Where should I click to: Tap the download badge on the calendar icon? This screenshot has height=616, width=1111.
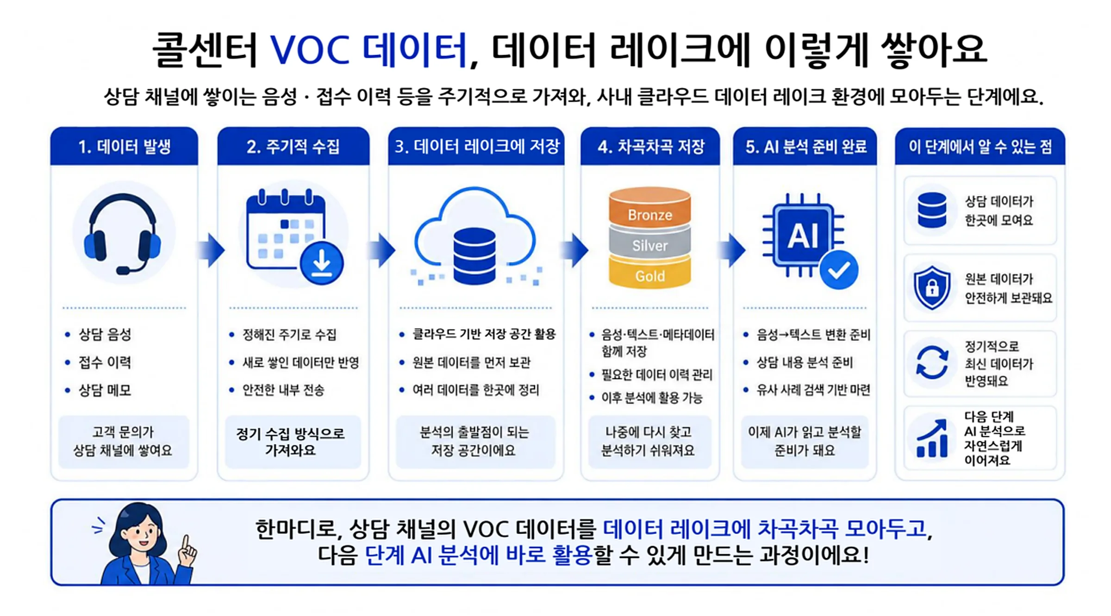pos(322,263)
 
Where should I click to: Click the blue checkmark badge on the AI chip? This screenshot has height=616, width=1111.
pos(839,270)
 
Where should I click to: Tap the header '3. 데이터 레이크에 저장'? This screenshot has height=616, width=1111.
pos(477,147)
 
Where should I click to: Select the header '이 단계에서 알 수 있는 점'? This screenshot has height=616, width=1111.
pos(980,147)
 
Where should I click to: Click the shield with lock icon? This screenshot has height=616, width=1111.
pos(932,287)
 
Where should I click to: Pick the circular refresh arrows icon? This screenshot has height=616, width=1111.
pos(932,363)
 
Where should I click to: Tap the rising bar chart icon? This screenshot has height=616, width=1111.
pos(932,438)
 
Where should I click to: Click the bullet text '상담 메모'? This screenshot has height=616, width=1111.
pos(105,390)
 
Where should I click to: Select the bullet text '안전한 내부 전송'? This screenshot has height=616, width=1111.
pos(283,390)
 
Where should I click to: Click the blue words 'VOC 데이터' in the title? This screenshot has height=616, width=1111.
pos(368,50)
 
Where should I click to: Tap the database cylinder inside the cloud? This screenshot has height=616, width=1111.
pos(474,256)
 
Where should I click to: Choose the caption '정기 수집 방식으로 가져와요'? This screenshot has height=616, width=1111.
pos(291,442)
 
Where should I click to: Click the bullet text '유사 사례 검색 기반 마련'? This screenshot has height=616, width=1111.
pos(813,390)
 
